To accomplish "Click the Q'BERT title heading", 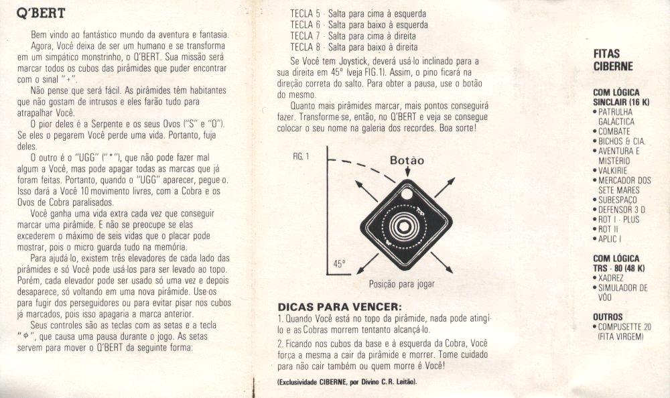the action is [41, 13].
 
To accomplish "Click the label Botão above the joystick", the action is [407, 160].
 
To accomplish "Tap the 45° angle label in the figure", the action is [339, 264].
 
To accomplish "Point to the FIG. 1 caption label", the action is [301, 157].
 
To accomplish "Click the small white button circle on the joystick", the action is [407, 194].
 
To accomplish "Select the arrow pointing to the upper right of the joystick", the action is [445, 188].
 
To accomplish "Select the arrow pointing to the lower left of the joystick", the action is [367, 264].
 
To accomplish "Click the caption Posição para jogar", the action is [401, 284].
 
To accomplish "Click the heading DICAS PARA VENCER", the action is [340, 307].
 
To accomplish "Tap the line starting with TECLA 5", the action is [358, 13].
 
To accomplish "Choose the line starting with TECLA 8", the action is [354, 47].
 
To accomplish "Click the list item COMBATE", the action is [612, 132].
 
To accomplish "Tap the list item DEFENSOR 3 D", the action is [619, 210].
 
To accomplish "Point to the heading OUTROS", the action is [608, 317].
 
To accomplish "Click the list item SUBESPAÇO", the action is [615, 200].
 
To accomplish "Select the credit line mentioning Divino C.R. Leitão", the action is [347, 382].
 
